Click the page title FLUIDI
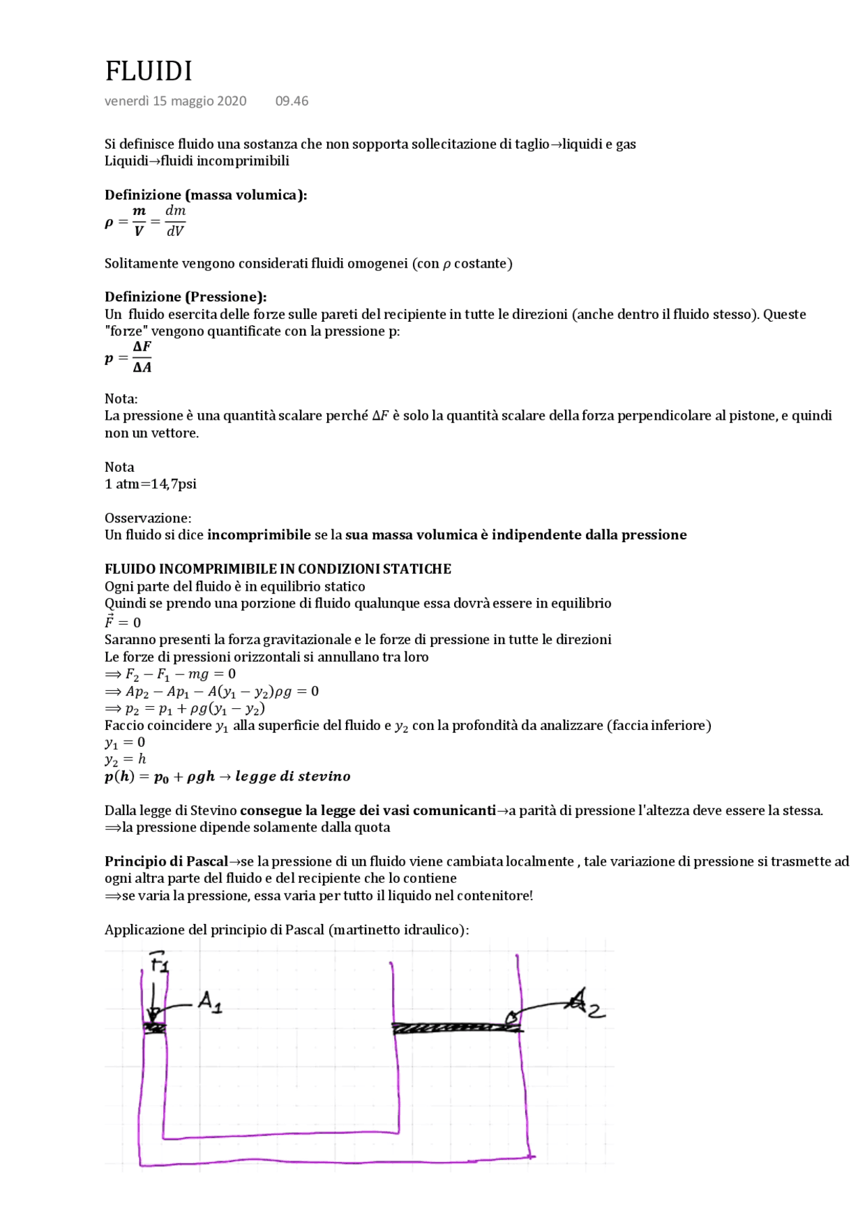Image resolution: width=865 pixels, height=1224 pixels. [149, 71]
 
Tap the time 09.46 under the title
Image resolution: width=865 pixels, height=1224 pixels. [291, 101]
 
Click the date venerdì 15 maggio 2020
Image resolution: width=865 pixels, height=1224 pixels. [175, 101]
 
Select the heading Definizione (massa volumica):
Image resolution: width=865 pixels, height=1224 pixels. [205, 195]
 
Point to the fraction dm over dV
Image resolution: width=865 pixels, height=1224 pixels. [175, 221]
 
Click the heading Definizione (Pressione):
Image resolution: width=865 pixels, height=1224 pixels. [185, 297]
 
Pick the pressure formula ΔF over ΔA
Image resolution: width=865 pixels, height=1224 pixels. [142, 357]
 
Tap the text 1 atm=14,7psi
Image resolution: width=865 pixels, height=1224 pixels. [150, 484]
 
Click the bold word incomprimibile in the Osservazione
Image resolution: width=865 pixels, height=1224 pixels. [259, 535]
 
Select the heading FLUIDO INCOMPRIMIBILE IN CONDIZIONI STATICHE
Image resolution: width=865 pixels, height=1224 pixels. [278, 569]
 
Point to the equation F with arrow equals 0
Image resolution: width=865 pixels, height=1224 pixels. [122, 622]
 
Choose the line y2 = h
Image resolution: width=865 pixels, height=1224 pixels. [125, 759]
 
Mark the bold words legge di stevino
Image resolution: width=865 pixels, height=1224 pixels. [293, 777]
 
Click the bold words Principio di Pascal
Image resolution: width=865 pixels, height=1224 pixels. [166, 862]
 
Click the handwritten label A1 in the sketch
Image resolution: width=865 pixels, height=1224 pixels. [209, 1002]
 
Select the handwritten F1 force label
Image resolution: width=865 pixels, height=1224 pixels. [159, 962]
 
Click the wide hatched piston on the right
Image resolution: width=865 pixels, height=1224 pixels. [457, 1028]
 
